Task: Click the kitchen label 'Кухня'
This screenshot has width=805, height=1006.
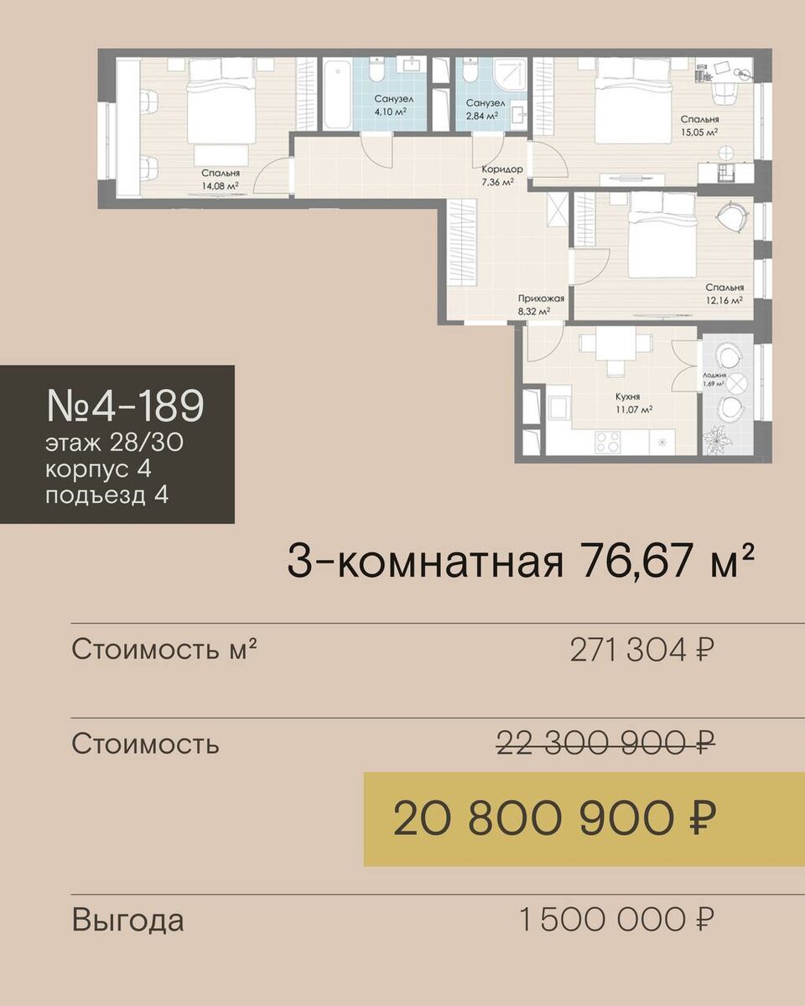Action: [x=627, y=397]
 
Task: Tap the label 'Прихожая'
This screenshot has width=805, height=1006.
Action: [x=541, y=298]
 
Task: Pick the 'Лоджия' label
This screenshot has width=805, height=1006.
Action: [x=714, y=375]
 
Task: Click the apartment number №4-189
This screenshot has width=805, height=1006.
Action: [x=125, y=405]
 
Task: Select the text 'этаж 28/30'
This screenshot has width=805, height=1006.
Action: [x=114, y=443]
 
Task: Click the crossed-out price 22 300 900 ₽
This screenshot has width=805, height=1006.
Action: [x=605, y=743]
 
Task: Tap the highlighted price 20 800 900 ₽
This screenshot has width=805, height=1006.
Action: [x=555, y=819]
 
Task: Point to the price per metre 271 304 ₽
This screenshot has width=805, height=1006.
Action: [x=642, y=650]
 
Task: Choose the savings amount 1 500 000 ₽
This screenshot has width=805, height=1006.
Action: [x=617, y=920]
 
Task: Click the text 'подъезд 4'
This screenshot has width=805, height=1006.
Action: [x=107, y=495]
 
